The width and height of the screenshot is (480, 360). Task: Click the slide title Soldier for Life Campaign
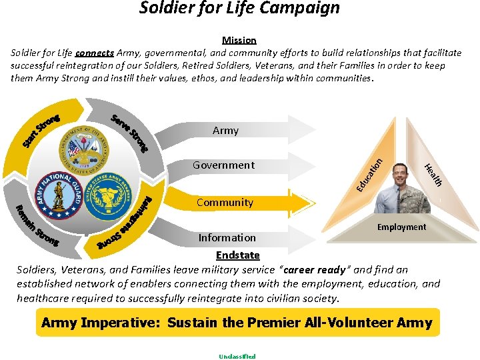coord(239,8)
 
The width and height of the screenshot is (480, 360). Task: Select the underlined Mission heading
coord(239,40)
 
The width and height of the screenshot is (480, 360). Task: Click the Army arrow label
coord(225,131)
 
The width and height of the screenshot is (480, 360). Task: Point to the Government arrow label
coord(223,165)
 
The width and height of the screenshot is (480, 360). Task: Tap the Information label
coord(227,237)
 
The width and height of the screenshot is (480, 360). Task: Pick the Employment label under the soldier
coord(401,227)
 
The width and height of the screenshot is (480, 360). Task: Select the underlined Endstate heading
coord(237,255)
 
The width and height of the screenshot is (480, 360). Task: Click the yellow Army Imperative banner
coord(237,323)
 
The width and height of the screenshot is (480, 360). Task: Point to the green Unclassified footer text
coord(237,356)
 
